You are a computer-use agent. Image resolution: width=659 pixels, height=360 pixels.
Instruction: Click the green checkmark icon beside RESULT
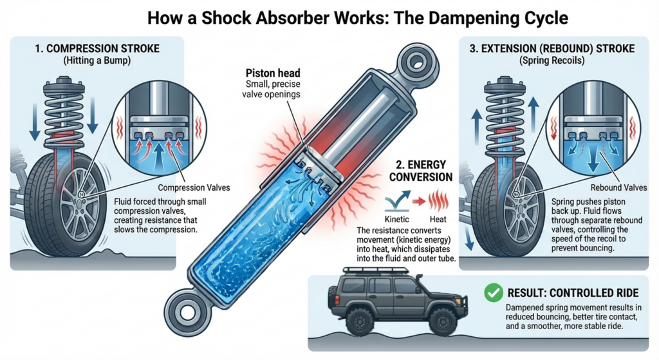492,294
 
